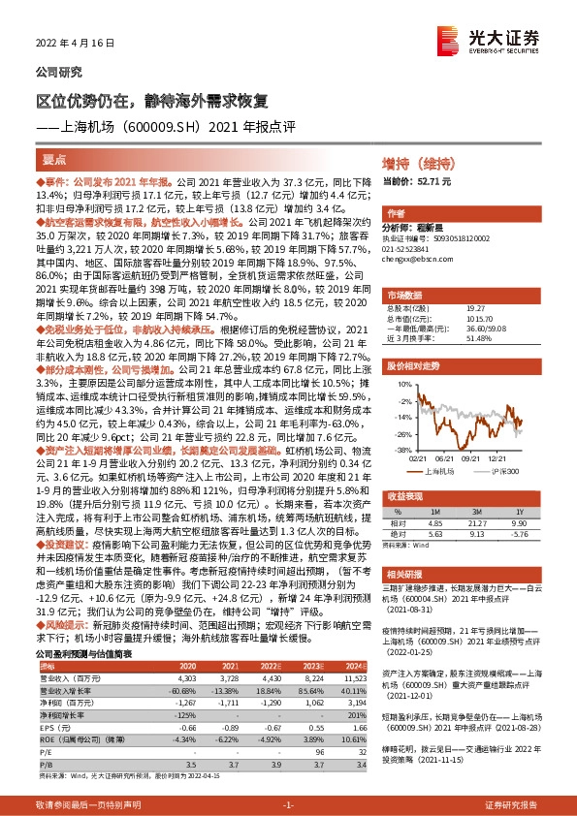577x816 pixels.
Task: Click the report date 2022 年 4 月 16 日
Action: [69, 45]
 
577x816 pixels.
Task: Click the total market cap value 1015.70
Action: [454, 316]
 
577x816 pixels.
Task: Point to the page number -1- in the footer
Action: [288, 805]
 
